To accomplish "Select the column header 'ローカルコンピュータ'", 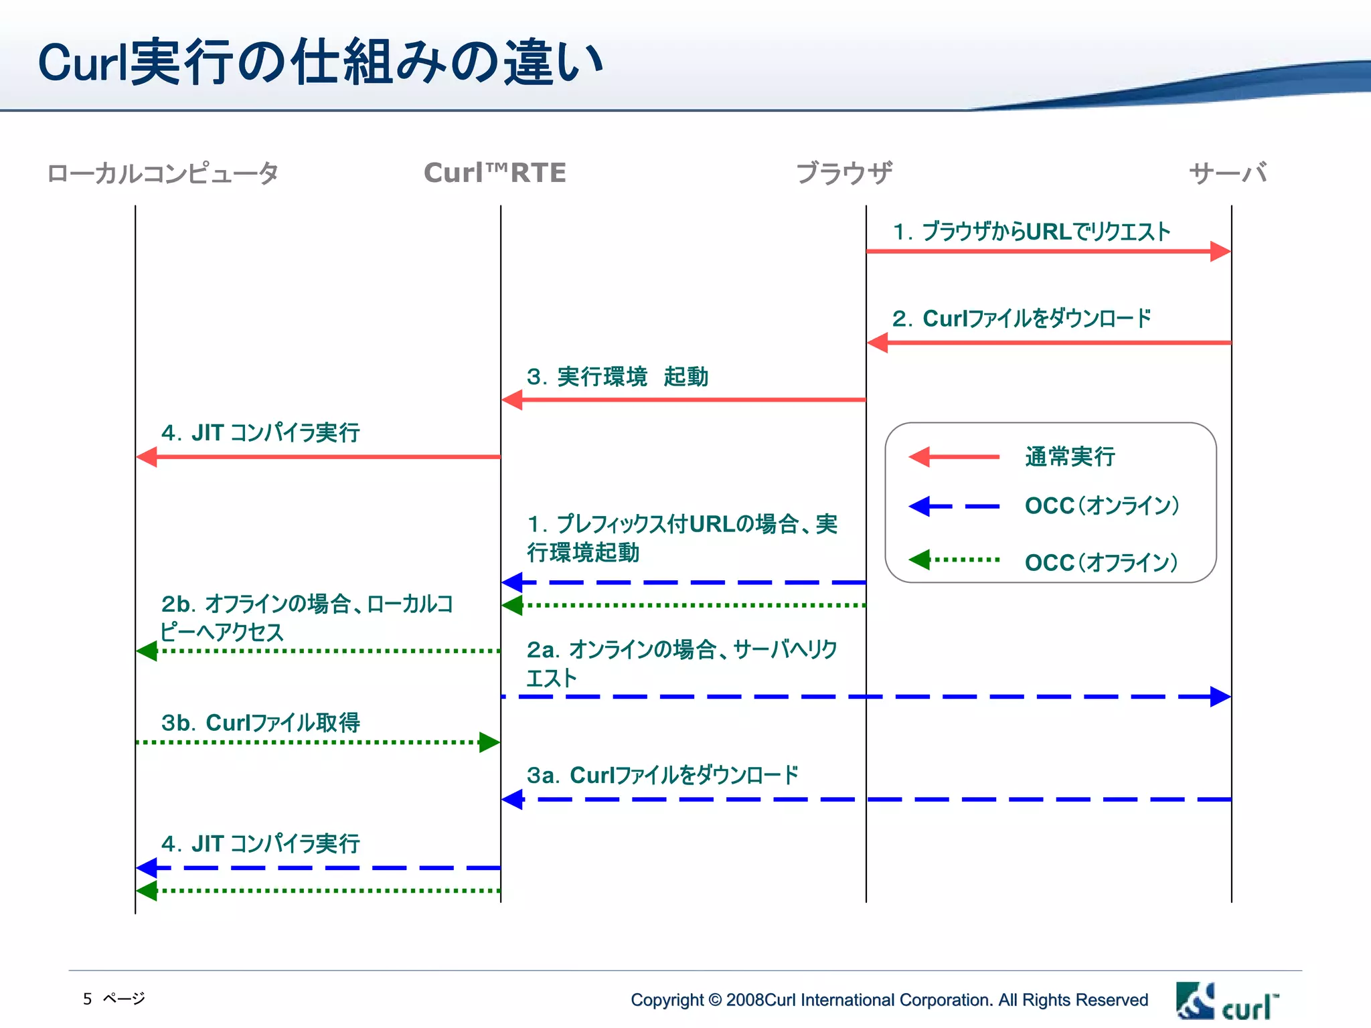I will (x=163, y=173).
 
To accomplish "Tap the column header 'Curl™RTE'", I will (x=495, y=173).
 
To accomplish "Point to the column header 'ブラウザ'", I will (x=843, y=173).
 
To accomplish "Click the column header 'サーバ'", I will (x=1228, y=173).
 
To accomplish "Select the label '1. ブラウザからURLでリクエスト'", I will (x=1031, y=232).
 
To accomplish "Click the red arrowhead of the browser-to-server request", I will (x=1220, y=252).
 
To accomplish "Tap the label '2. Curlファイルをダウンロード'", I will (x=1022, y=319).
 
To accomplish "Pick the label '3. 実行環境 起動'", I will (x=617, y=377).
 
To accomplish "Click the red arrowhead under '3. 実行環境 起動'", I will (x=512, y=400).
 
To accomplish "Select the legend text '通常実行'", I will (x=1070, y=457).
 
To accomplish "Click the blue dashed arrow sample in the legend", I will (x=954, y=507).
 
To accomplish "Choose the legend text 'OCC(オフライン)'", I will (x=1101, y=562).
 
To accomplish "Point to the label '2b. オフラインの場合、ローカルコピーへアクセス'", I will (x=306, y=618).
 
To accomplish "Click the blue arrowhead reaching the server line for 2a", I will (x=1220, y=697).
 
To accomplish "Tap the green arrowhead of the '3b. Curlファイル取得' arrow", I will (x=489, y=742).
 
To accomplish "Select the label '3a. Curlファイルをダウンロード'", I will (x=662, y=775).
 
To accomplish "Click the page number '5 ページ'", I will (x=114, y=999).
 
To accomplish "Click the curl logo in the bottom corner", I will (x=1226, y=1002).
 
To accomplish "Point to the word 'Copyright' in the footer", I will (x=667, y=1000).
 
